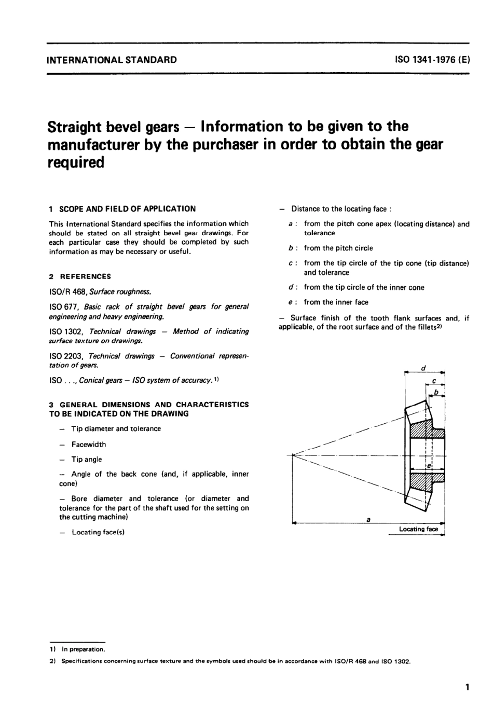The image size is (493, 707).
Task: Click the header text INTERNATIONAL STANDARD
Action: [112, 60]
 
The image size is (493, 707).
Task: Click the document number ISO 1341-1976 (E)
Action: [432, 60]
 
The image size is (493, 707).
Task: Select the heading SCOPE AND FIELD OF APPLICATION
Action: [127, 209]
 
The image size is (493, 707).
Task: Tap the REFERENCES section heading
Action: [85, 276]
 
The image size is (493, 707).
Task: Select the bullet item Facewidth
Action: [88, 445]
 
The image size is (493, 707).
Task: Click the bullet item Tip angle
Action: [86, 460]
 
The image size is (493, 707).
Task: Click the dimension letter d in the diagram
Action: [423, 368]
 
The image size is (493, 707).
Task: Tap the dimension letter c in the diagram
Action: [433, 381]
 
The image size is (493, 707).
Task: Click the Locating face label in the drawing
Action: [418, 529]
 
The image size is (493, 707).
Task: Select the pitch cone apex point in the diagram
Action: [293, 455]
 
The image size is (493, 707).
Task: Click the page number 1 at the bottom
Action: [467, 688]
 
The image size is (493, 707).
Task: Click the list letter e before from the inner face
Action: [290, 302]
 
